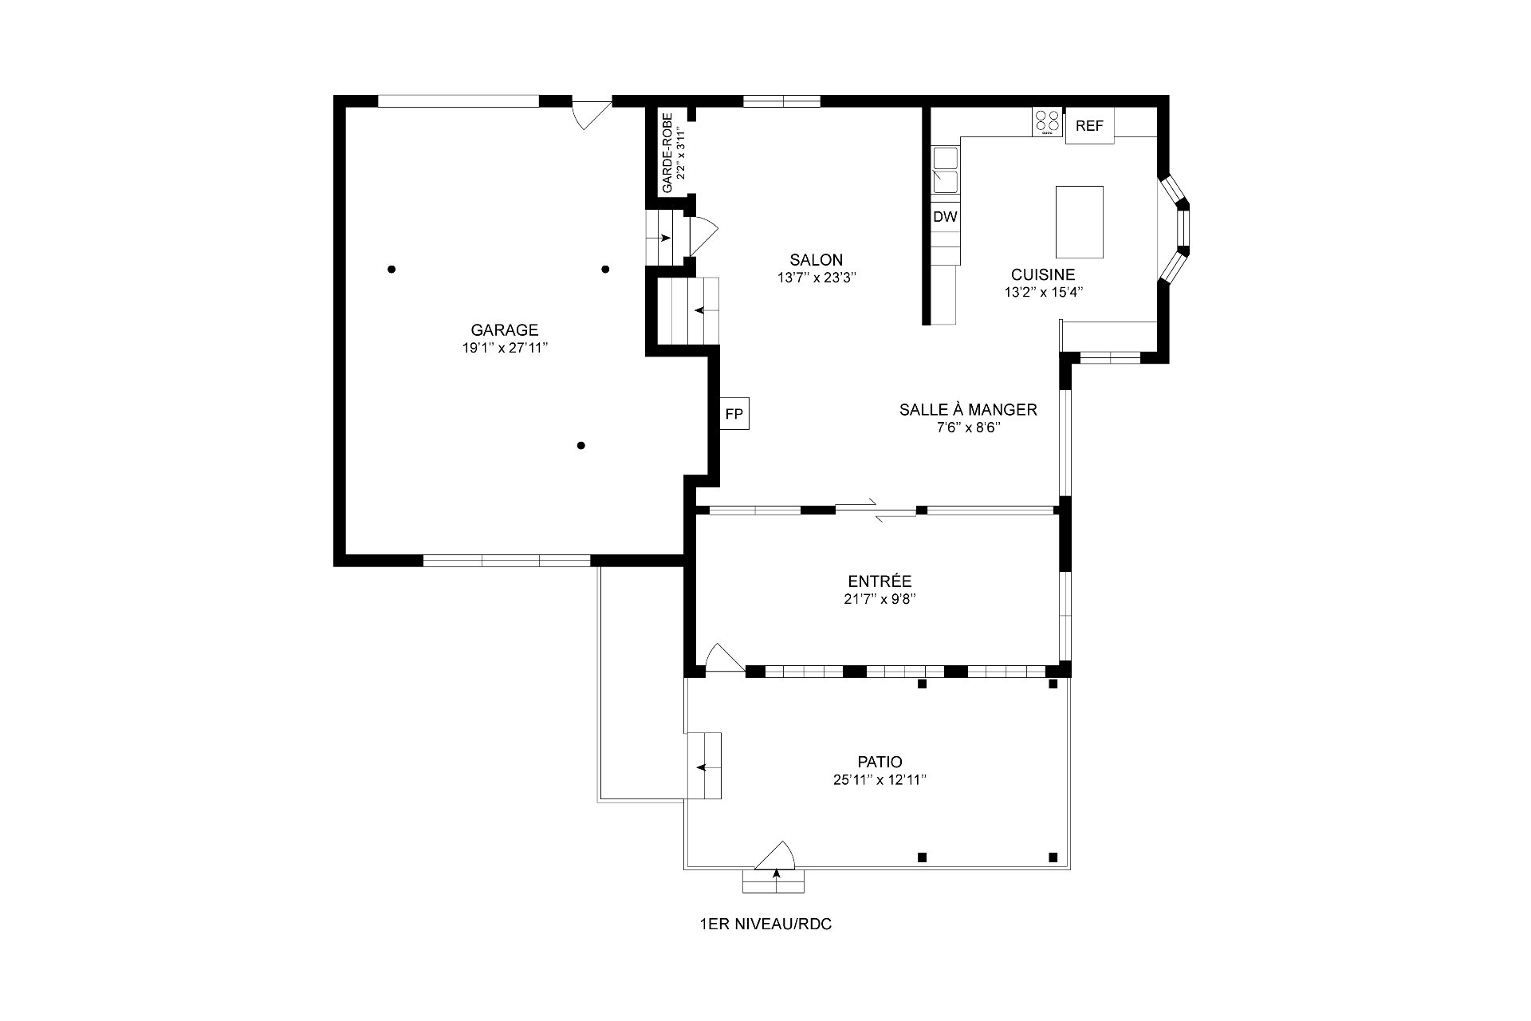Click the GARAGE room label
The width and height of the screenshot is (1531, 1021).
point(504,329)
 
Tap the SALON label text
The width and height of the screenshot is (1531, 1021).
point(816,259)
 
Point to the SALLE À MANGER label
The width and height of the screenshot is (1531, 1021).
point(968,409)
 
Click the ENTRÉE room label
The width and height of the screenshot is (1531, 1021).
point(880,581)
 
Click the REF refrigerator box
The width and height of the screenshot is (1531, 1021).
point(1089,126)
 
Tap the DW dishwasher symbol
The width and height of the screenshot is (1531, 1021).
point(946,216)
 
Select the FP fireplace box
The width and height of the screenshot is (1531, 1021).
point(734,413)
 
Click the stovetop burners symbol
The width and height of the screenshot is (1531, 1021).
point(1048,122)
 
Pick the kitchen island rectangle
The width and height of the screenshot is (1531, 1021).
point(1080,222)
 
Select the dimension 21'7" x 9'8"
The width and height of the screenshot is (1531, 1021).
point(880,599)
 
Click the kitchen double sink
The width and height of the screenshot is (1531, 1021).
point(945,170)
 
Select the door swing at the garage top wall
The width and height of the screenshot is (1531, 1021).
point(592,114)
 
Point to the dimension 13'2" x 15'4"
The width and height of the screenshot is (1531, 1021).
point(1043,292)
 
